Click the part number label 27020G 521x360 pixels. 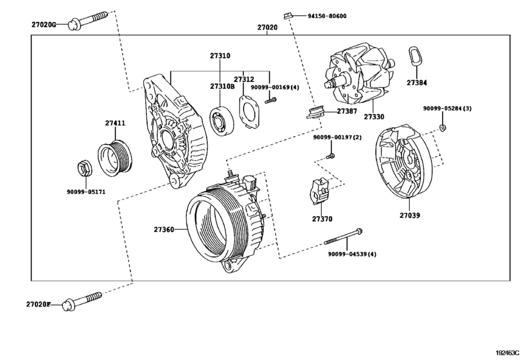pyautogui.click(x=44, y=25)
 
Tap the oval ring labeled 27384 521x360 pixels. pyautogui.click(x=415, y=57)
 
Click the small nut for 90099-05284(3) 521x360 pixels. pyautogui.click(x=444, y=127)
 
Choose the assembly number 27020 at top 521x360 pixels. pyautogui.click(x=267, y=28)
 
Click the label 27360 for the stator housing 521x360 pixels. pyautogui.click(x=164, y=229)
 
